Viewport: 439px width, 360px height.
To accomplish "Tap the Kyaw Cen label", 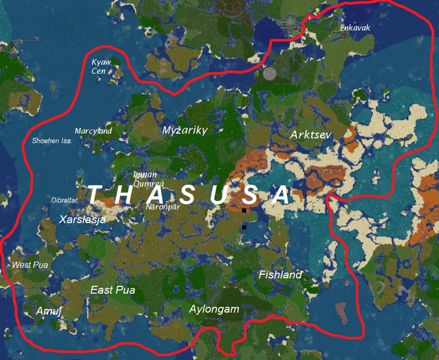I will point(101,67).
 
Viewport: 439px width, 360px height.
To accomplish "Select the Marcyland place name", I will point(93,131).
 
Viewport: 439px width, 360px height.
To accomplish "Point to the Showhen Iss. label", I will point(52,141).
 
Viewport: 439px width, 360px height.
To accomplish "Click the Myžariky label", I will point(184,130).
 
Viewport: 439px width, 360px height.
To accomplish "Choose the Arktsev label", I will point(310,135).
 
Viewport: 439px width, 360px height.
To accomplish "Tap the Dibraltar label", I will point(64,200).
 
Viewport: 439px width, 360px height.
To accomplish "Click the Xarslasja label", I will point(82,220).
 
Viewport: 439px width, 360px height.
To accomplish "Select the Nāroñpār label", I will point(163,206).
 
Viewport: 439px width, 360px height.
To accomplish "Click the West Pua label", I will point(30,265).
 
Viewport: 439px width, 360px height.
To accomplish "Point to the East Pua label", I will point(112,290).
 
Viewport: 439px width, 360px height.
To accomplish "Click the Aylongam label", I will point(214,310).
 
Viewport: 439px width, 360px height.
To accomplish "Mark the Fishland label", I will point(280,274).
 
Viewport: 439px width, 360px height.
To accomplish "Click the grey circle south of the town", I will point(270,74).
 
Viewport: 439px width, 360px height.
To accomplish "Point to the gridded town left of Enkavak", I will point(289,26).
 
